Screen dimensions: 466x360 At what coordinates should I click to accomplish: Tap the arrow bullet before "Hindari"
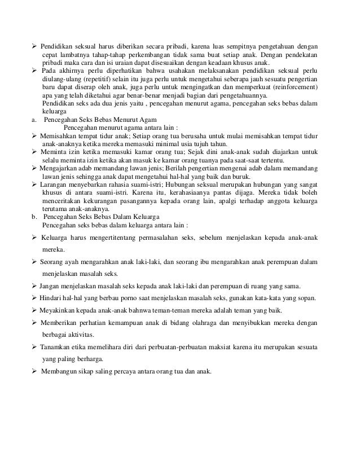point(35,298)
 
